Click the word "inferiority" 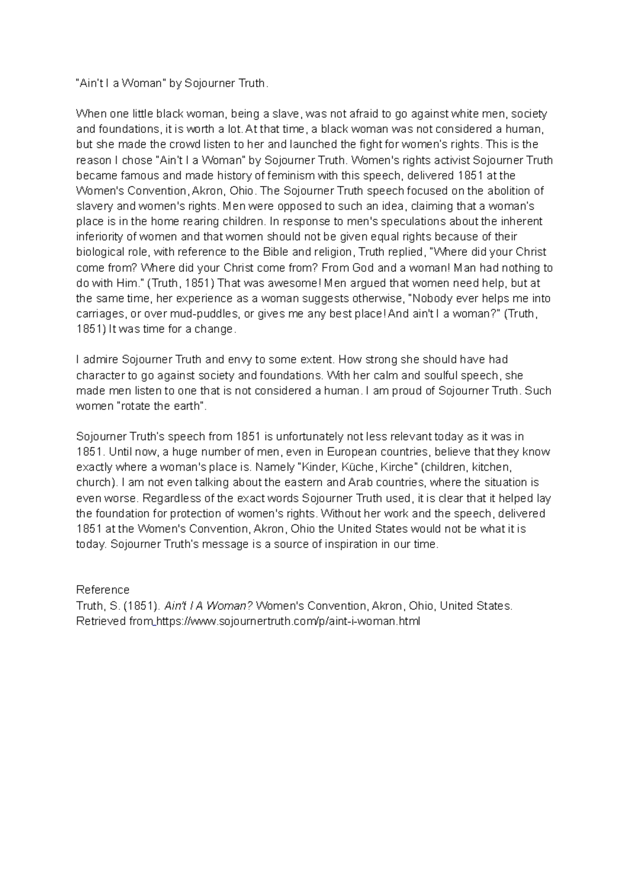click(x=99, y=237)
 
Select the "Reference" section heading click(x=103, y=590)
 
